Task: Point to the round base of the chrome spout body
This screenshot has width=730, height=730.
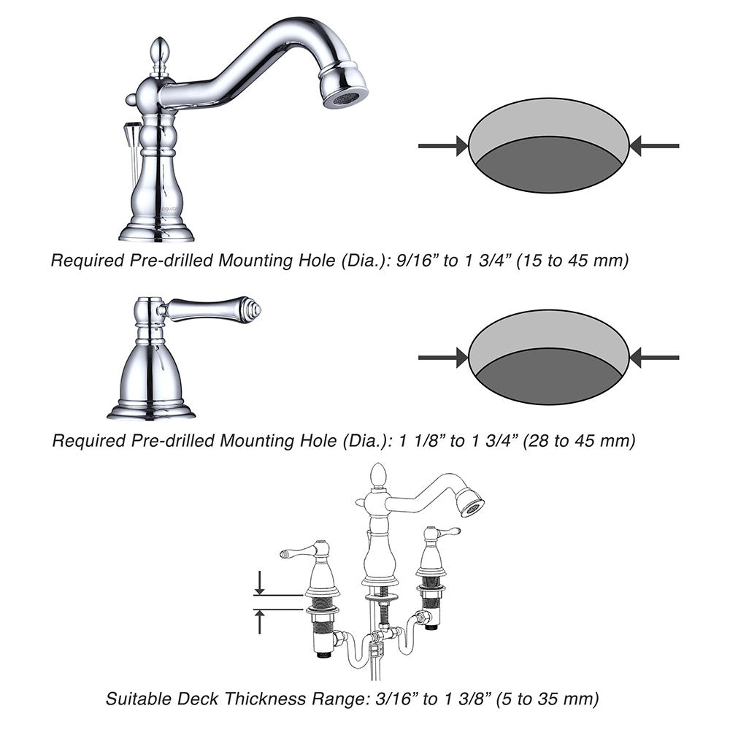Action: point(156,232)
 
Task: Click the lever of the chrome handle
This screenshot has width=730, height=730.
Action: point(212,308)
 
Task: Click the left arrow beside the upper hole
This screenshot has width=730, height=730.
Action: point(443,146)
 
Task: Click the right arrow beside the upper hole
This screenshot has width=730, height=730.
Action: point(654,146)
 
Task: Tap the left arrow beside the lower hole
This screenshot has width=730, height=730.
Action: point(443,358)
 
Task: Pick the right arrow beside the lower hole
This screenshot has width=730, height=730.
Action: point(654,358)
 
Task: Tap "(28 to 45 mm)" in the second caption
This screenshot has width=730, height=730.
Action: point(579,440)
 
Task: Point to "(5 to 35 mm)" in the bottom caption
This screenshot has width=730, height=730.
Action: point(547,699)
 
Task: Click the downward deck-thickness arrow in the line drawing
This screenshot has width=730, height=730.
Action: point(260,583)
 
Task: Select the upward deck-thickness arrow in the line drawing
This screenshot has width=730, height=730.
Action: point(260,621)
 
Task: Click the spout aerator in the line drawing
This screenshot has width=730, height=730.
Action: point(469,503)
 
